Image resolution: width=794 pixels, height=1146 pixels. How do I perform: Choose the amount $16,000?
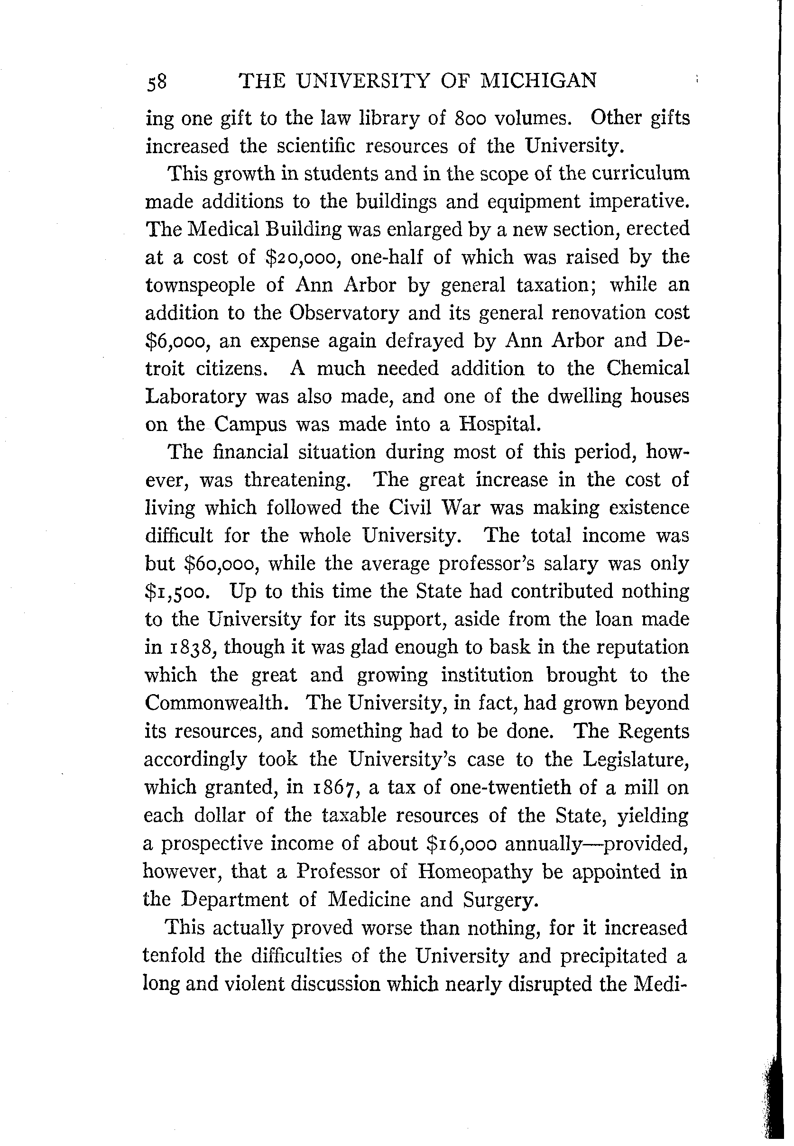point(462,843)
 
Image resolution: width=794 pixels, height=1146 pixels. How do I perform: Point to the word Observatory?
point(344,313)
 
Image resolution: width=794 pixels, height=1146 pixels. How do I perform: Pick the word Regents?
point(653,731)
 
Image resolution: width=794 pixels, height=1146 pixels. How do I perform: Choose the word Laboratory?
point(196,396)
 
